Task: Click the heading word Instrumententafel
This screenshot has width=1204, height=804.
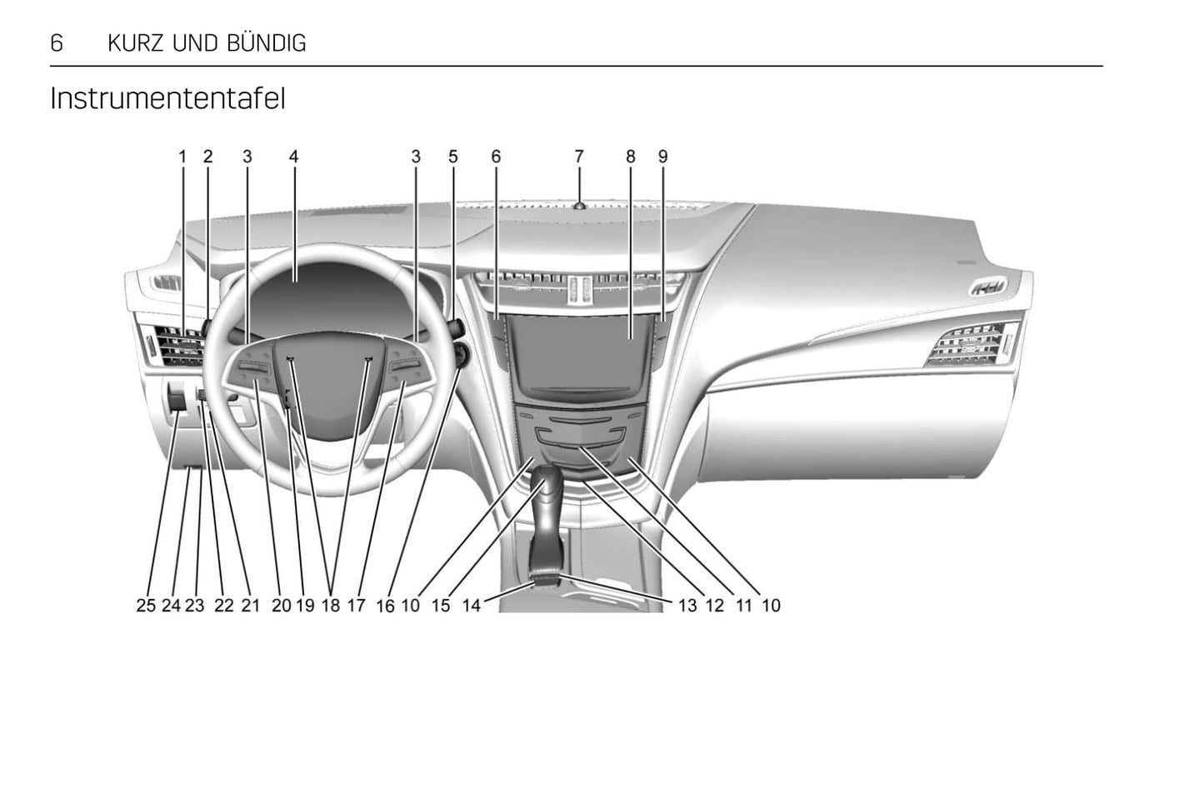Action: pyautogui.click(x=167, y=98)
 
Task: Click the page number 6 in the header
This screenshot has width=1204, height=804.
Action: pyautogui.click(x=57, y=43)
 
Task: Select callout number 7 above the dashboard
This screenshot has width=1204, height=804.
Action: pyautogui.click(x=579, y=156)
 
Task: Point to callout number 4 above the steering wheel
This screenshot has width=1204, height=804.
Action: pyautogui.click(x=293, y=156)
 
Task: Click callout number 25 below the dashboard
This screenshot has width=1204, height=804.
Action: pyautogui.click(x=146, y=606)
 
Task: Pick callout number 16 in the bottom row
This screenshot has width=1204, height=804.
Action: pyautogui.click(x=385, y=606)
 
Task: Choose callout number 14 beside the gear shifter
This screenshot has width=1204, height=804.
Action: pyautogui.click(x=472, y=606)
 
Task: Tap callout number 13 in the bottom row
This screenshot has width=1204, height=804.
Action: pyautogui.click(x=687, y=606)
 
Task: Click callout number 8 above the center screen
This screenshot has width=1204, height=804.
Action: pyautogui.click(x=631, y=156)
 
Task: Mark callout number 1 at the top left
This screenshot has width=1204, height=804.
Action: pyautogui.click(x=182, y=156)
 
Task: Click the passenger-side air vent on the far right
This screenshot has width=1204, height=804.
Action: pyautogui.click(x=971, y=344)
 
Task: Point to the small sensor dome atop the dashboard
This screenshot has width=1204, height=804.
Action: pyautogui.click(x=578, y=205)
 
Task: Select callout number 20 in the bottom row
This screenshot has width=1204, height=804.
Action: pyautogui.click(x=282, y=606)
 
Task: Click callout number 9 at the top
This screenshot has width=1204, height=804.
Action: pyautogui.click(x=663, y=156)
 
